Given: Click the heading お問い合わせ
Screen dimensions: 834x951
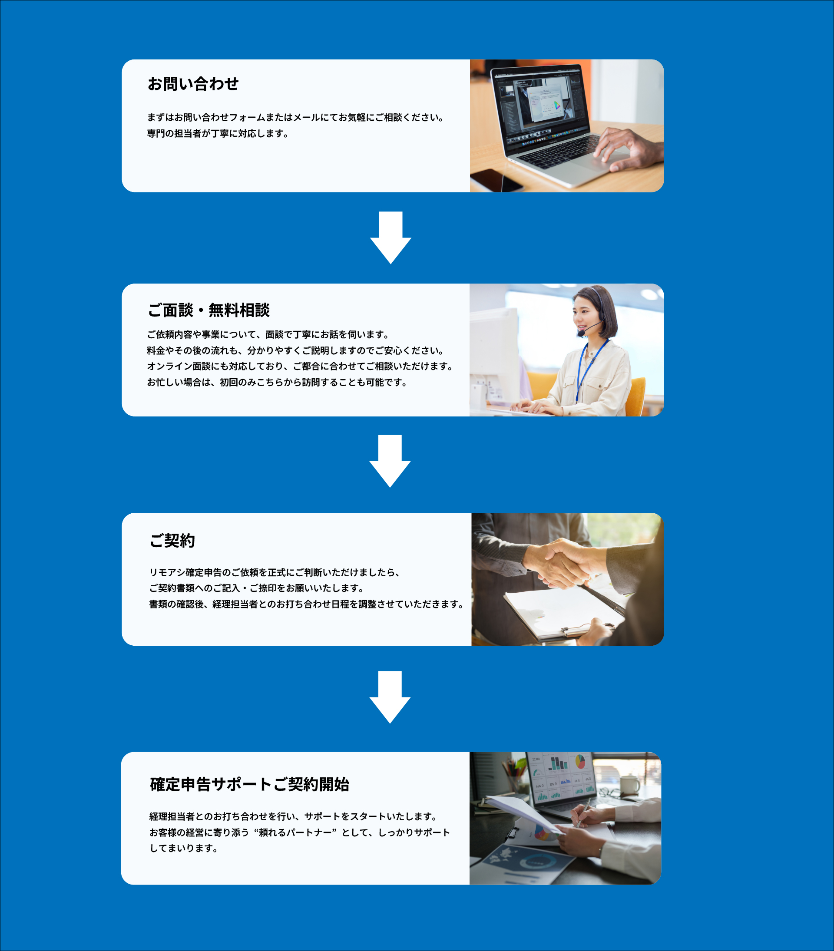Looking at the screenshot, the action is coord(193,84).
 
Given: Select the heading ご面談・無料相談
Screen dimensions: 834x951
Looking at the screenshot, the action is coord(208,310).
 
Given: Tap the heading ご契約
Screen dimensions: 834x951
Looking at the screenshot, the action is coord(172,541).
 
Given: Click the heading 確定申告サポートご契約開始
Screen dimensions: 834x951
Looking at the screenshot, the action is coord(249,784).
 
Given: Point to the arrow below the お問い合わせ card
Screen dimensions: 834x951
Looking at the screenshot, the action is coord(391,238).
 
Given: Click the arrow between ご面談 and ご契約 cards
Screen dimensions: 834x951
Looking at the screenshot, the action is coord(390,461).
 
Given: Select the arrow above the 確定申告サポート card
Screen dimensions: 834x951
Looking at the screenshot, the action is coord(390,697).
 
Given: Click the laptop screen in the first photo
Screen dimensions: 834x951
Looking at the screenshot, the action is coord(540,102).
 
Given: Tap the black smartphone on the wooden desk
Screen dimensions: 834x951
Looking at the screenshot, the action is coord(496,180).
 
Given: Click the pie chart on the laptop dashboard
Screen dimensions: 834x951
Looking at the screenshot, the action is coord(580,762).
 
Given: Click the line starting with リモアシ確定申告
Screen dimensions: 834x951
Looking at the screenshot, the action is coord(275,572).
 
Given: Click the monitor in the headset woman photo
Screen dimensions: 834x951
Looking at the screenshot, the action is coord(494,353).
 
